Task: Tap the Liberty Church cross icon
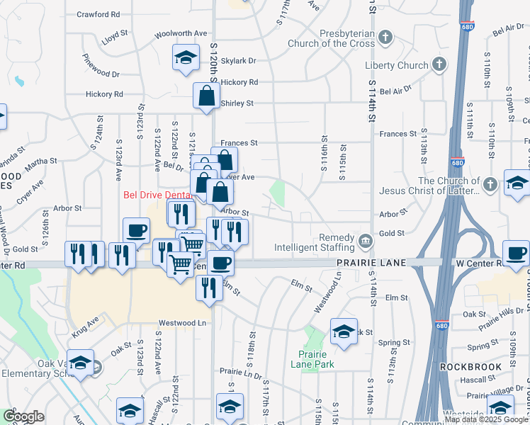[x=439, y=65]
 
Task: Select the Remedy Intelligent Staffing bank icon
[x=365, y=240]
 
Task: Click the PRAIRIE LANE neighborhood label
[x=371, y=263]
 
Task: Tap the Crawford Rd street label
[x=98, y=14]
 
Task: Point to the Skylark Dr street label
[x=237, y=61]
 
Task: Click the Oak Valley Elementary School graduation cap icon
[x=80, y=362]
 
